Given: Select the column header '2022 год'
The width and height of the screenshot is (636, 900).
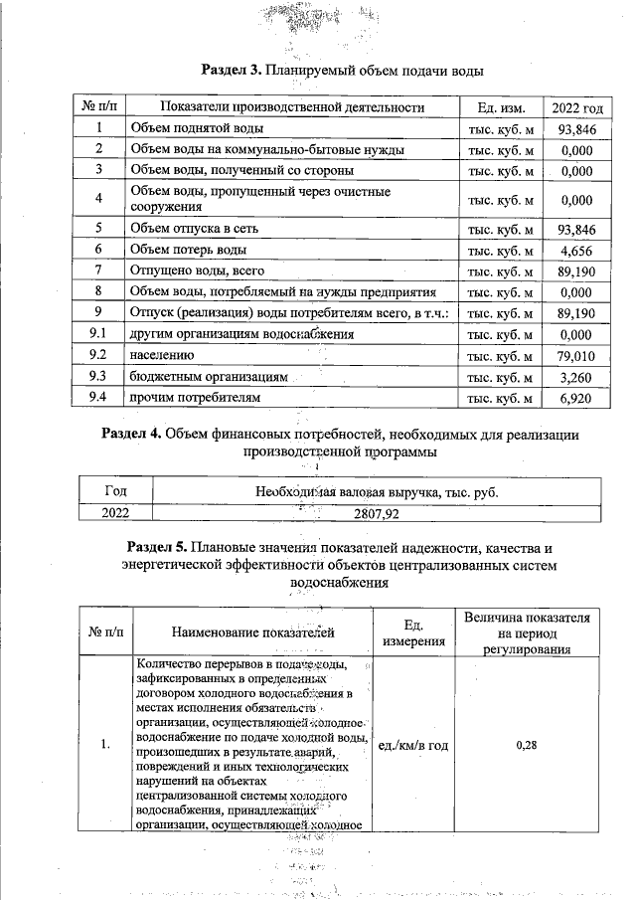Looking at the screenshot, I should click(x=576, y=107).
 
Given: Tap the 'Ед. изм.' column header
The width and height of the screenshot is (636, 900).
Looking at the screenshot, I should click(x=500, y=107).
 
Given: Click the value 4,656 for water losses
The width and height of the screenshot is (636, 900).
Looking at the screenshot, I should click(x=576, y=250).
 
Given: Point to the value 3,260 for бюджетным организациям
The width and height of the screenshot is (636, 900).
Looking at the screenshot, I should click(x=576, y=377).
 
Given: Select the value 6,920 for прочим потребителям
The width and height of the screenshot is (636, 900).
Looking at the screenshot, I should click(x=576, y=398).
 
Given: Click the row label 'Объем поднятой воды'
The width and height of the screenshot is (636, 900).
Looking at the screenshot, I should click(x=196, y=128).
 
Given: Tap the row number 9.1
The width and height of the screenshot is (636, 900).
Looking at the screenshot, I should click(x=98, y=335).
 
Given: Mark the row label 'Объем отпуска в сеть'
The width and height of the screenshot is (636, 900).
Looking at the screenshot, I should click(x=195, y=229).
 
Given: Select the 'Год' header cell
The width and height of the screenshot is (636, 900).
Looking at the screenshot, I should click(x=115, y=491).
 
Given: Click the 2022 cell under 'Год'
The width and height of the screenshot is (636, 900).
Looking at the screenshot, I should click(x=115, y=514).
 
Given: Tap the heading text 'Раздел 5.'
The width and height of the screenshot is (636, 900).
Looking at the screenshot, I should click(x=159, y=548).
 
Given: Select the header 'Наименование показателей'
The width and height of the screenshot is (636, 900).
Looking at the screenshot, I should click(x=252, y=631).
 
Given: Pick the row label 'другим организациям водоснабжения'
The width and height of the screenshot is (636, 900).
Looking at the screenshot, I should click(x=242, y=335).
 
